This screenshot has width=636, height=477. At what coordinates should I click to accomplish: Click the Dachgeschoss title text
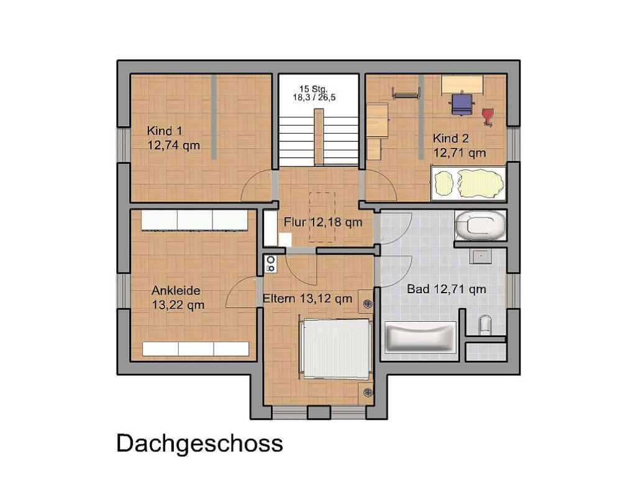point(199,443)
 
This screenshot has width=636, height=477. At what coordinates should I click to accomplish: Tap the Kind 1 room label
point(173,138)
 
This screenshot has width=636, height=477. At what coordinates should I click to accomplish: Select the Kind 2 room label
point(459,145)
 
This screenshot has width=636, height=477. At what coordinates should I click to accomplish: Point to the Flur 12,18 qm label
point(323,222)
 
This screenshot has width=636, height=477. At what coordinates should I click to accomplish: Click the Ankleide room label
point(178,298)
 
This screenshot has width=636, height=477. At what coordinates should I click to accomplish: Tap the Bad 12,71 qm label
point(446,289)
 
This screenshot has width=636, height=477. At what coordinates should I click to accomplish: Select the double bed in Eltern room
point(336,348)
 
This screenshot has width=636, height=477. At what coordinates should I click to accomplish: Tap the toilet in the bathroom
point(485,325)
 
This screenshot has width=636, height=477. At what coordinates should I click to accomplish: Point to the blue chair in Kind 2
point(460,103)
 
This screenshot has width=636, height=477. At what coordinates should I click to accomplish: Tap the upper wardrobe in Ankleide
point(195,220)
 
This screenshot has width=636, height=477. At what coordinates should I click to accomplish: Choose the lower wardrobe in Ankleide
point(196,348)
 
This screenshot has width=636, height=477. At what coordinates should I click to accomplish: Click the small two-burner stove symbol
point(270,265)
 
